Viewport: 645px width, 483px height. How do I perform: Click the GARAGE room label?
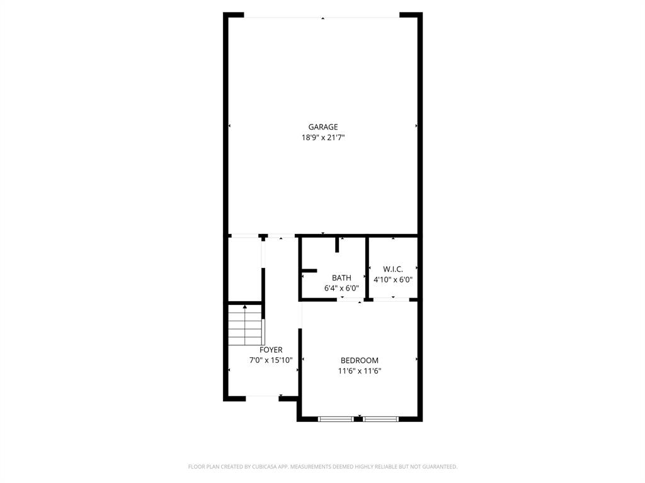[322, 127]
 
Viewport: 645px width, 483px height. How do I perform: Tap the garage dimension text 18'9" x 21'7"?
[322, 138]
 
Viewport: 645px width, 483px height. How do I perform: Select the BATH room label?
[341, 277]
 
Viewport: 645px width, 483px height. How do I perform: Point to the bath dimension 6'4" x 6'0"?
[341, 288]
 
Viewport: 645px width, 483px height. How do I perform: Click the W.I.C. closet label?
[392, 269]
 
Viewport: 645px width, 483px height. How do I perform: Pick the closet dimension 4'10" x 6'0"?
[392, 280]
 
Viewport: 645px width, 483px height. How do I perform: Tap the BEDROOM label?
[359, 360]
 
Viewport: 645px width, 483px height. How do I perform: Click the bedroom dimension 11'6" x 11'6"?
[359, 371]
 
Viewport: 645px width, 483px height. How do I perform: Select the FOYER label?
[271, 350]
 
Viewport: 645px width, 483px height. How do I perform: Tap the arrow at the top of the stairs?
[244, 307]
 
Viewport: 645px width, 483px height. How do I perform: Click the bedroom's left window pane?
[336, 418]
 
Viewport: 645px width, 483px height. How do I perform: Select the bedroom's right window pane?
[380, 418]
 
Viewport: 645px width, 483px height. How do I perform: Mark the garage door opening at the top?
[322, 17]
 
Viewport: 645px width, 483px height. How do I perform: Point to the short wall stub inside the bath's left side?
[309, 270]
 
